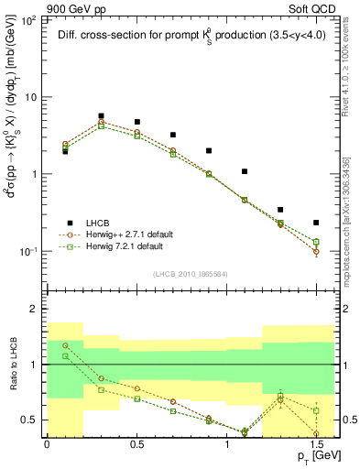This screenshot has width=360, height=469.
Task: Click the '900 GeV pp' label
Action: pyautogui.click(x=35, y=6)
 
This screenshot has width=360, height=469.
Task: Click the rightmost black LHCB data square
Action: pyautogui.click(x=316, y=223)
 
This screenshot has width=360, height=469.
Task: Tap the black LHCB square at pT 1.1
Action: pyautogui.click(x=245, y=171)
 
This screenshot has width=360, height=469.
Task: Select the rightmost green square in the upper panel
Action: pyautogui.click(x=316, y=242)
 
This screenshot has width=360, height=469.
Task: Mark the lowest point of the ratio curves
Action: pyautogui.click(x=245, y=431)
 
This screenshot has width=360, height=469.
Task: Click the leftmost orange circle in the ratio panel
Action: pyautogui.click(x=65, y=345)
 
